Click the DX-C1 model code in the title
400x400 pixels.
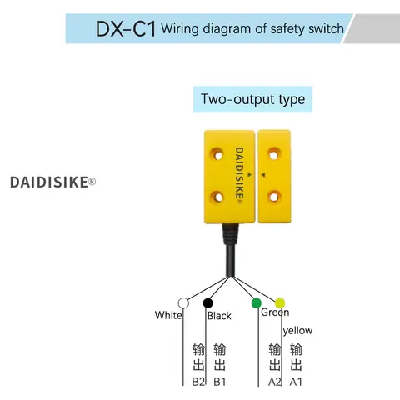click(126, 28)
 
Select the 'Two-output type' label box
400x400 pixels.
click(252, 99)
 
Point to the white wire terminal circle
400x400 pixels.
click(183, 303)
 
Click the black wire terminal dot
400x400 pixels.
click(208, 302)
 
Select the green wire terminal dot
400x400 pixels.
click(256, 302)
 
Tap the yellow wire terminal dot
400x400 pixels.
click(280, 303)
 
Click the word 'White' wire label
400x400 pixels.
click(168, 315)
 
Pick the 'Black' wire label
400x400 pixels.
click(219, 316)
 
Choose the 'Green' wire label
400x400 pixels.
click(275, 312)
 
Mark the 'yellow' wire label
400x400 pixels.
click(297, 331)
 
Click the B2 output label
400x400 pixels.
click(198, 382)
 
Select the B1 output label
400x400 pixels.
click(220, 382)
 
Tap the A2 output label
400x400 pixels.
click(275, 382)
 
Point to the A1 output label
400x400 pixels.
click(296, 382)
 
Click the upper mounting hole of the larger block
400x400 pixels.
click(217, 155)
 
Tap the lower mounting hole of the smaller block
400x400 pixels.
click(274, 197)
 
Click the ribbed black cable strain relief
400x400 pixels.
click(230, 234)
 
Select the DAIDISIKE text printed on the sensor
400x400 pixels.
click(239, 176)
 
